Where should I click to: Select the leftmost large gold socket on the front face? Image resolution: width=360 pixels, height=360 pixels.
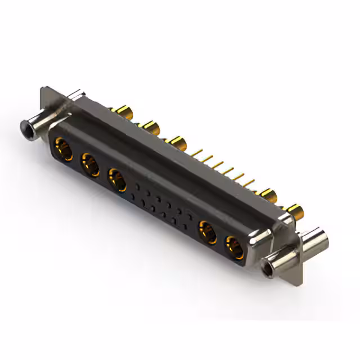coord(62,150)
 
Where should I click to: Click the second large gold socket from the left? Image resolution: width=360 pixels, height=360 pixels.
coord(90,165)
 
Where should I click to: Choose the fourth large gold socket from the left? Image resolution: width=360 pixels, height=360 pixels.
coord(208,231)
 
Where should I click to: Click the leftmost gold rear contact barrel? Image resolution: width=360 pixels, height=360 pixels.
coord(120,110)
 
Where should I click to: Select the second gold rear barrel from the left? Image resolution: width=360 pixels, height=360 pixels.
coord(149,126)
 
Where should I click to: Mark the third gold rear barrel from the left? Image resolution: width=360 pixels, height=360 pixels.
coord(177,142)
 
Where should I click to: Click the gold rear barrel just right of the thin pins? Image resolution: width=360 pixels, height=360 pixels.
coord(267,195)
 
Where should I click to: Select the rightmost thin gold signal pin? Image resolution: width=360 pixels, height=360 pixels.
coord(249,183)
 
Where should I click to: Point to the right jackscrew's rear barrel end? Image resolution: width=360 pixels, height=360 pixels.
coord(315,238)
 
